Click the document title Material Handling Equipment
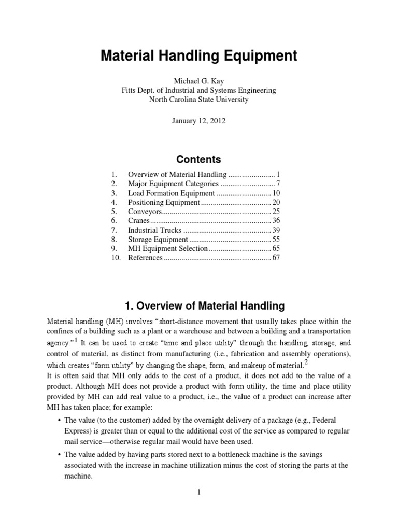[198, 56]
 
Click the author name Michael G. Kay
[198, 81]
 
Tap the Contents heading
[198, 159]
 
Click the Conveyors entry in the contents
[145, 212]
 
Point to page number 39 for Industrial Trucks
[276, 230]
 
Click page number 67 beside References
[276, 258]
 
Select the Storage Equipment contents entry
[158, 240]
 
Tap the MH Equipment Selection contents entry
[167, 249]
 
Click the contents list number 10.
[115, 258]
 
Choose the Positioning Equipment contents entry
[163, 202]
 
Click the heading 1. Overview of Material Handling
[198, 305]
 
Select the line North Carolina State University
[198, 100]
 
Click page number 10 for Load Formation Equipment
[276, 193]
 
